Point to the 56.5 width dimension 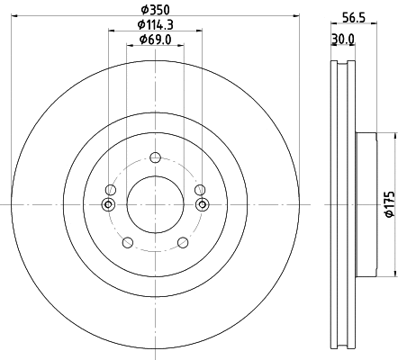[354, 13]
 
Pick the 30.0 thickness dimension [343, 39]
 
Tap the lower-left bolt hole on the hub [127, 241]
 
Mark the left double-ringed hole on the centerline [109, 205]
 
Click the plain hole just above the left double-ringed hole [110, 189]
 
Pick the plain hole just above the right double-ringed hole [200, 189]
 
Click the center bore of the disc [155, 204]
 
